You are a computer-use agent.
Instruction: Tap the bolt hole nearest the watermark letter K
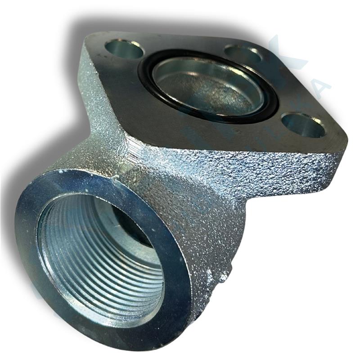pos(243,54)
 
